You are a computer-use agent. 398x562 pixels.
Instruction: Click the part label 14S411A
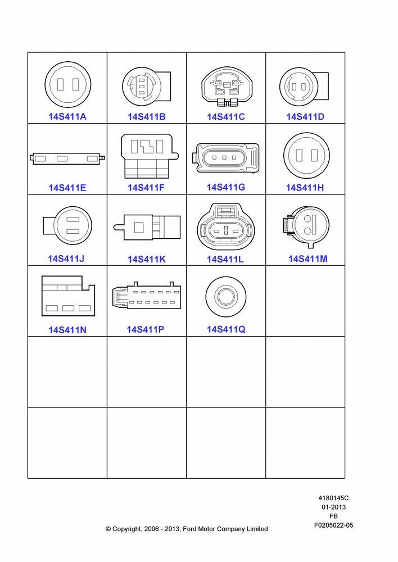(67, 116)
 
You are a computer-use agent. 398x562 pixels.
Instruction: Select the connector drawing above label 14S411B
(146, 87)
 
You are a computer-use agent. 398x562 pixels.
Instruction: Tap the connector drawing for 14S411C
(226, 87)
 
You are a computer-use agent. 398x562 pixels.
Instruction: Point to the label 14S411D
(305, 116)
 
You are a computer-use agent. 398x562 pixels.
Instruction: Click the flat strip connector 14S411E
(67, 158)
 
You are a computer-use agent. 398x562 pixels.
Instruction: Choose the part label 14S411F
(146, 188)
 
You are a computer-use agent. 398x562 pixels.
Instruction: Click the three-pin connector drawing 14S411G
(226, 158)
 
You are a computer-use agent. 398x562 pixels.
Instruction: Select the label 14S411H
(305, 188)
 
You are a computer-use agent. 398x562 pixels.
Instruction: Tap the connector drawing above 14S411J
(67, 226)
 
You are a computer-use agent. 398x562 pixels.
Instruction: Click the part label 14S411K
(147, 259)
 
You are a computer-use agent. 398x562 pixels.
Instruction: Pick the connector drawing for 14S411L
(226, 226)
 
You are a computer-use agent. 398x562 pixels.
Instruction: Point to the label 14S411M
(308, 259)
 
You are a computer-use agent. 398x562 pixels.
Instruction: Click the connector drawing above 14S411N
(68, 296)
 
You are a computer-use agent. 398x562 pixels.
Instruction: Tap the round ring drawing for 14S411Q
(226, 297)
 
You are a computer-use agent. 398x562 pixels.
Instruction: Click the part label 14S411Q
(226, 329)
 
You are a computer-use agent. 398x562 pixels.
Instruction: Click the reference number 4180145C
(333, 498)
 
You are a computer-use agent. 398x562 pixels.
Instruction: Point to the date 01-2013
(333, 507)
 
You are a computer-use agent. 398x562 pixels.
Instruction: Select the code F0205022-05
(333, 525)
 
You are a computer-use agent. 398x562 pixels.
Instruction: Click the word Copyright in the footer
(127, 529)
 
